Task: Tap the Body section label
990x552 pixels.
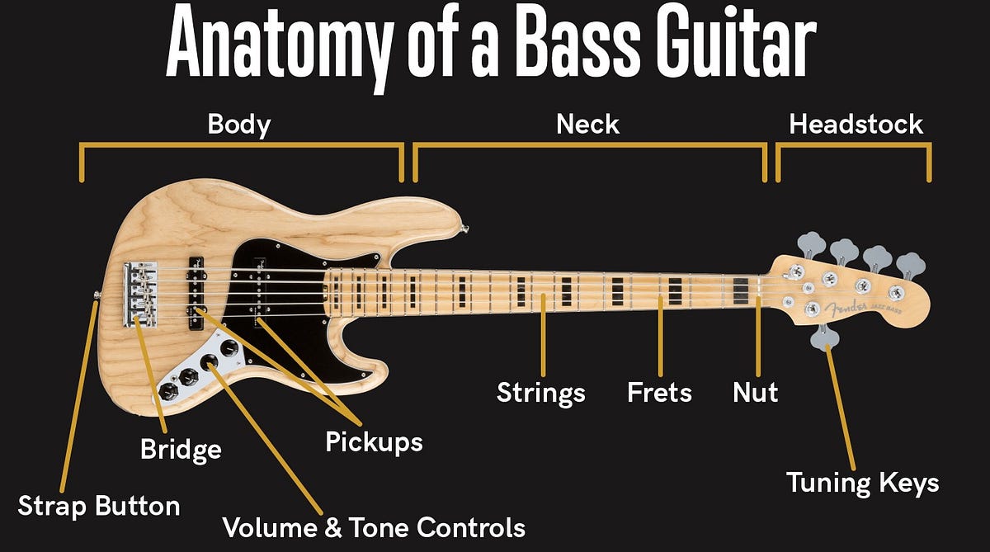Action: click(x=239, y=125)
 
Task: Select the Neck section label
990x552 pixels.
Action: click(x=588, y=125)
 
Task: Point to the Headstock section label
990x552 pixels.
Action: click(x=856, y=125)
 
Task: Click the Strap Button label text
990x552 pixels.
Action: click(x=99, y=505)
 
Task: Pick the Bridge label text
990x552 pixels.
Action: click(x=181, y=450)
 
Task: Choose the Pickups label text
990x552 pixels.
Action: click(x=374, y=442)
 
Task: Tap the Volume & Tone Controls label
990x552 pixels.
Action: click(x=374, y=526)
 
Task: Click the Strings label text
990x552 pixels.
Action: click(x=540, y=393)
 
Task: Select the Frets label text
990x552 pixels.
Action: click(x=660, y=392)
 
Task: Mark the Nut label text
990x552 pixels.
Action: click(x=755, y=392)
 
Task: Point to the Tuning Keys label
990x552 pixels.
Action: click(x=862, y=483)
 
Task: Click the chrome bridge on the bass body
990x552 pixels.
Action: click(x=141, y=293)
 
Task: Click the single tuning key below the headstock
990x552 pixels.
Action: click(x=824, y=337)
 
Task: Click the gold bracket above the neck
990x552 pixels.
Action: click(x=589, y=147)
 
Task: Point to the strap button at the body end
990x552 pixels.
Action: click(x=97, y=294)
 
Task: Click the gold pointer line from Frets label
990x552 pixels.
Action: click(x=660, y=338)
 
